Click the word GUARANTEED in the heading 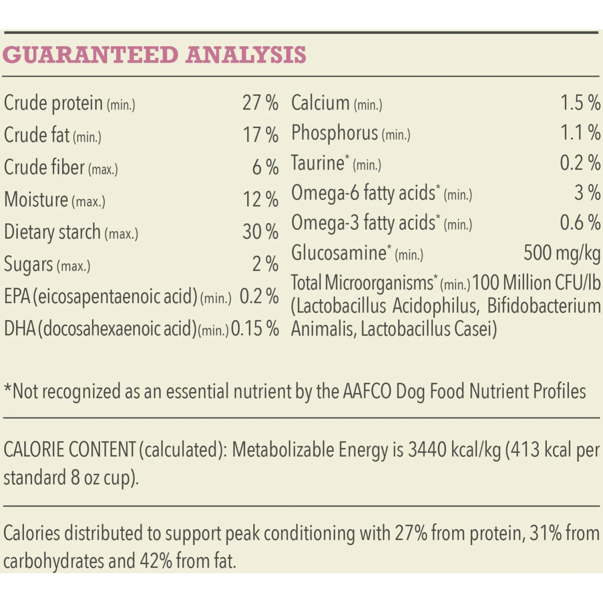[90, 55]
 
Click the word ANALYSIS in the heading [246, 55]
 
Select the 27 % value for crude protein [260, 103]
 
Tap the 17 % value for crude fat [260, 135]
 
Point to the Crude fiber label [44, 167]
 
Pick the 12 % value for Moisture [260, 199]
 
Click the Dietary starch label [52, 232]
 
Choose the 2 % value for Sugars [265, 264]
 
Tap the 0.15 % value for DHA [255, 329]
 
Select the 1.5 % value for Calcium [580, 103]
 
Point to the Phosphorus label [334, 133]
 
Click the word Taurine [318, 163]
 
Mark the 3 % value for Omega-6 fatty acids [587, 193]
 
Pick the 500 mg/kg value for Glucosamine [562, 253]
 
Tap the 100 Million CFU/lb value [536, 283]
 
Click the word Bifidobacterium [544, 306]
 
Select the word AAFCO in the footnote [367, 391]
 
